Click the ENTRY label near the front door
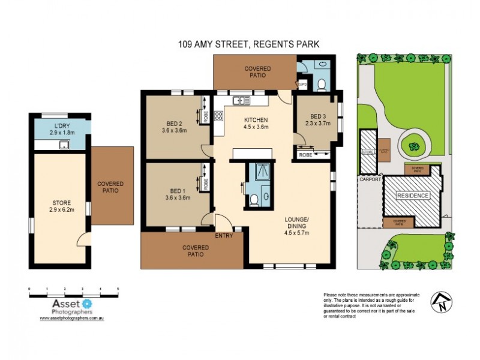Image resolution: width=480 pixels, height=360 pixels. click(x=223, y=236)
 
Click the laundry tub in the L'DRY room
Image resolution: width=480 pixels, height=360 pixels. click(x=62, y=145)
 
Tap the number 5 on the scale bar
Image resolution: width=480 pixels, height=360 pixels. click(x=118, y=289)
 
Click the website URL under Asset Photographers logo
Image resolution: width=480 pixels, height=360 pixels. click(x=73, y=318)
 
